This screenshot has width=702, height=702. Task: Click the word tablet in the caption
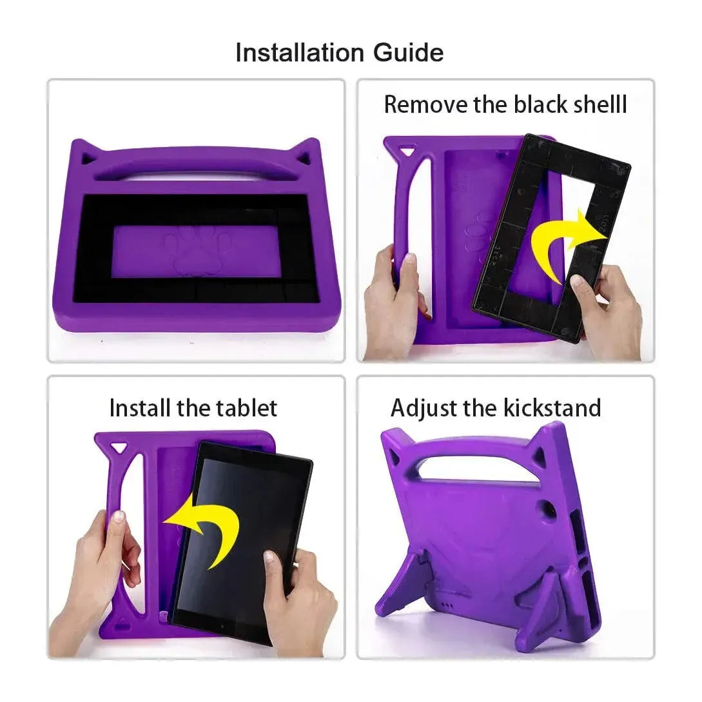click(x=245, y=407)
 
